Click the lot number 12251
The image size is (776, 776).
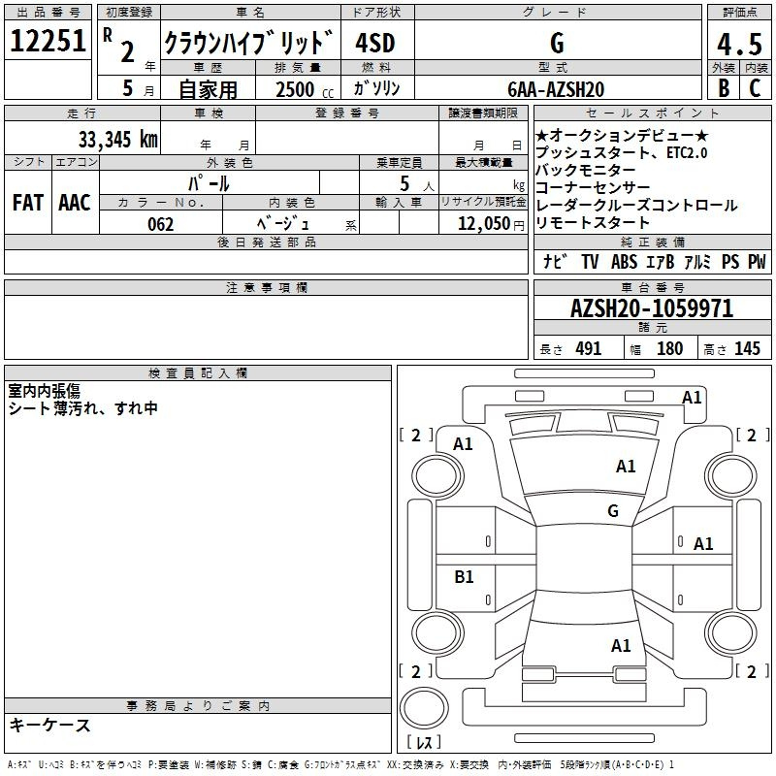click(48, 41)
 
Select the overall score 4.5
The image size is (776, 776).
click(739, 44)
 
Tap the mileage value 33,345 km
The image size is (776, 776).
click(117, 139)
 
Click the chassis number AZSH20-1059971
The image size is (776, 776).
click(652, 308)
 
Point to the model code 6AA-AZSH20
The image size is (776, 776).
click(556, 89)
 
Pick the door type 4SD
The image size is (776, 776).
click(375, 43)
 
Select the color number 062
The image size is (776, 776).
click(161, 224)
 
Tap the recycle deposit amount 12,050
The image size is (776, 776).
click(484, 224)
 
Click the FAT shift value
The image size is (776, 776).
click(28, 203)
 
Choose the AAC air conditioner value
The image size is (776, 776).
click(75, 203)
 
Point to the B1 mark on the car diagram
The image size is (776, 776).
click(464, 576)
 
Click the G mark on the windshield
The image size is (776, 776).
click(613, 510)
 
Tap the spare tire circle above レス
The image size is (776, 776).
click(424, 708)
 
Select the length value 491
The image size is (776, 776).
click(588, 348)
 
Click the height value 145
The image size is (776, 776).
click(747, 348)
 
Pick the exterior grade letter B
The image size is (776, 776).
click(724, 88)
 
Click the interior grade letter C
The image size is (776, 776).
click(755, 88)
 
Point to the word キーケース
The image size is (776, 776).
click(50, 725)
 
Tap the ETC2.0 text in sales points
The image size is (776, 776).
click(687, 153)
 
